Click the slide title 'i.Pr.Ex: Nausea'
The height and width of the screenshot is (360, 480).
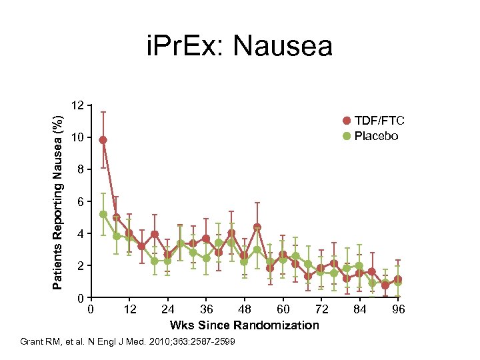click(239, 46)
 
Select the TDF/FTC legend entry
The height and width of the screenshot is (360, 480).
click(374, 121)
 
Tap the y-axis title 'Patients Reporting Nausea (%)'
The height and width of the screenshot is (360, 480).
click(59, 202)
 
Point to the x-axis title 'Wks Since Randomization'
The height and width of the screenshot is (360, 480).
click(244, 325)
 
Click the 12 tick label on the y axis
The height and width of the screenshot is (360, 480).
click(78, 106)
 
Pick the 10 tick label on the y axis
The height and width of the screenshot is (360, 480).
click(78, 138)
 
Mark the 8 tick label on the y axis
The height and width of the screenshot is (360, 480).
click(81, 170)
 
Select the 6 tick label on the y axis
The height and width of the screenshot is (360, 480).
click(81, 202)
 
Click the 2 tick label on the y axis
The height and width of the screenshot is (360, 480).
click(81, 266)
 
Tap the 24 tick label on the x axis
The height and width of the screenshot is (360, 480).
click(168, 309)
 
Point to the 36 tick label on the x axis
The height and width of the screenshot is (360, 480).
click(207, 309)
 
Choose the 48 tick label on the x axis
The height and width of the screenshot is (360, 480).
click(245, 309)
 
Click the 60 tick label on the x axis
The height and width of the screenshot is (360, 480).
click(283, 309)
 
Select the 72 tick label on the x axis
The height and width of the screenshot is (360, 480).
click(322, 309)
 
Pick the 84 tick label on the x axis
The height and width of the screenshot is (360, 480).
click(360, 309)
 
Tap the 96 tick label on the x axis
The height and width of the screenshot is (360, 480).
click(398, 309)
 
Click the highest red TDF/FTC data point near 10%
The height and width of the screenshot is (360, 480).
click(103, 140)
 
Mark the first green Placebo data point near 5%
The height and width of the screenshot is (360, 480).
click(103, 214)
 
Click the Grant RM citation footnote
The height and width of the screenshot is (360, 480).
click(132, 342)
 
